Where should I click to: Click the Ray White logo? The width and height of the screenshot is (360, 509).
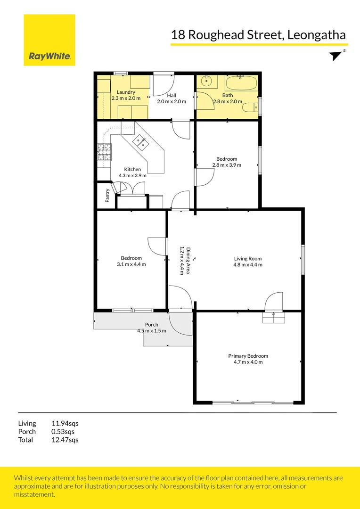pos(49,40)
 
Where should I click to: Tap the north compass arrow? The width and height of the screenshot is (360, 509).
pos(336,56)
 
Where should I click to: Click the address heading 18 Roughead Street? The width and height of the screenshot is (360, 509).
pos(258,35)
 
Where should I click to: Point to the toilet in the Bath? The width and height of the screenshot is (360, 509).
pos(250,108)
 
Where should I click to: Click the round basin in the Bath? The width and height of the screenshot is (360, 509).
pos(207,82)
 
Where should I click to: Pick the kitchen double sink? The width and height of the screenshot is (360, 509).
pos(141,142)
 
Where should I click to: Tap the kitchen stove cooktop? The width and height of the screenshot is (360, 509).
pos(104,152)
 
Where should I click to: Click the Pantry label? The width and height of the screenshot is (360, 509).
pos(107,196)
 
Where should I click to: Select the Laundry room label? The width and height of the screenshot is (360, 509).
pos(126,92)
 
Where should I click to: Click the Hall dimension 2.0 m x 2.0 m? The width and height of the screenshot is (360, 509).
pos(172,101)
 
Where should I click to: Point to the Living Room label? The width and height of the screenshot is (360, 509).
pos(248,258)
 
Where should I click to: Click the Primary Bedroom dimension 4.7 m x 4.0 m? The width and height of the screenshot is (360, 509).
pos(248,362)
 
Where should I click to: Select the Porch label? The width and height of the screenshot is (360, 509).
pos(152,325)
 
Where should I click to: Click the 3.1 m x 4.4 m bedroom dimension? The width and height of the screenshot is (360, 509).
pos(131,264)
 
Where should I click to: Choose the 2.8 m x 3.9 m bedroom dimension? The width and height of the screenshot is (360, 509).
pos(227,165)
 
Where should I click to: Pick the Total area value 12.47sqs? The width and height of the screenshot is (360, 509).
pos(65,440)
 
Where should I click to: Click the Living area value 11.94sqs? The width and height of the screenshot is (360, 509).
pos(65,423)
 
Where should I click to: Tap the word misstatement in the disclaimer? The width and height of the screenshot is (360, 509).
pos(34,494)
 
